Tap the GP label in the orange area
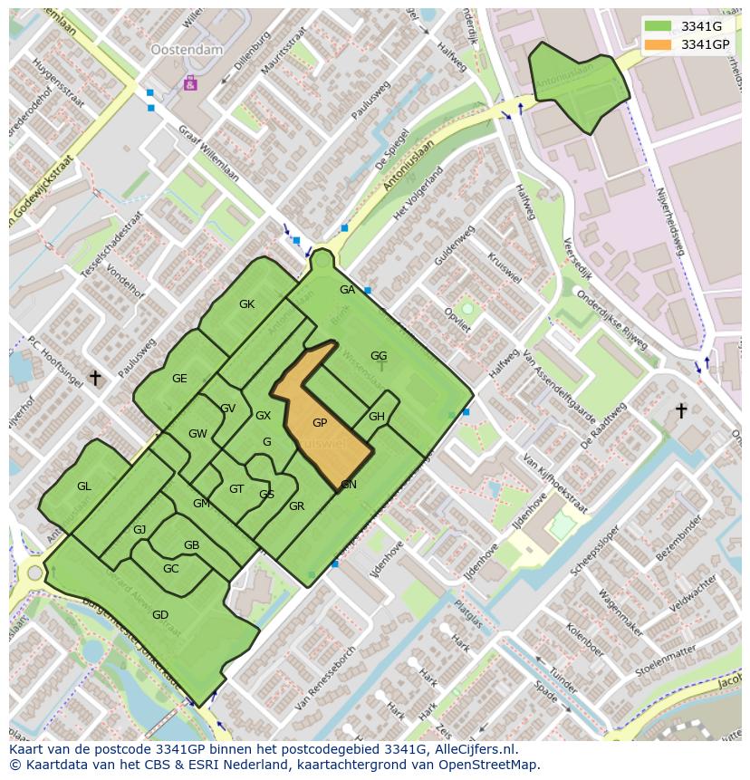(320, 423)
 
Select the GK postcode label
(246, 304)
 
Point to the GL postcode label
(84, 486)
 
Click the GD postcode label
(160, 615)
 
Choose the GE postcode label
(179, 379)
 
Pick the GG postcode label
(379, 356)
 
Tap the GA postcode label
(347, 290)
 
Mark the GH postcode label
(377, 417)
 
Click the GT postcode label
(236, 489)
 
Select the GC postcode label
(170, 569)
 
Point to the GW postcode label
(197, 434)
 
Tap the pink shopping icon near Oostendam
(190, 83)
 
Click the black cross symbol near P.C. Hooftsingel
(94, 377)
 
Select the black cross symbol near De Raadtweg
(681, 410)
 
